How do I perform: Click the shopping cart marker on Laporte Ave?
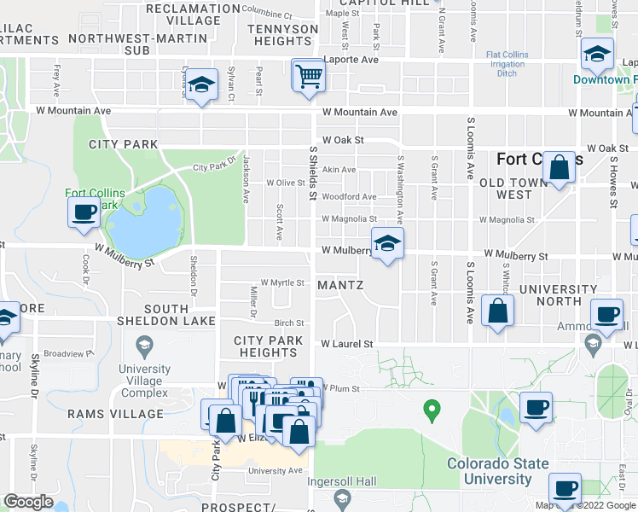point(309,75)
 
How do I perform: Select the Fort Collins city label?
point(540,159)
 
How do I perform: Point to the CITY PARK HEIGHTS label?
point(268,346)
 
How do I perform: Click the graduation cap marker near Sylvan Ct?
point(201,84)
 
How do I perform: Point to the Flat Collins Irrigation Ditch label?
point(507,64)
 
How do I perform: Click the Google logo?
point(28,502)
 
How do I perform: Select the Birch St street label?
point(289,323)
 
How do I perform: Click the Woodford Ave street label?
point(349,197)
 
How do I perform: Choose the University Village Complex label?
point(144,381)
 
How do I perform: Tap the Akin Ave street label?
point(339,170)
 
